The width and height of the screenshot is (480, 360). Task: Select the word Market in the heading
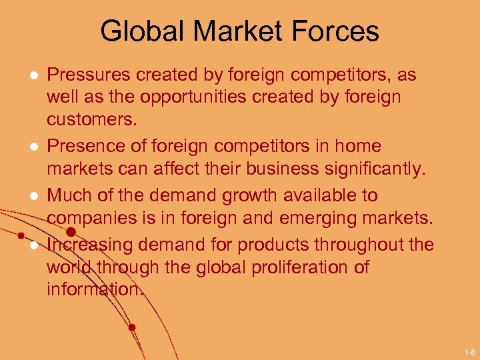(x=241, y=31)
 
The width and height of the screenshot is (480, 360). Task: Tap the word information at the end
(x=95, y=289)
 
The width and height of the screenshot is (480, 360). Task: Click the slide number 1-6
(x=469, y=351)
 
